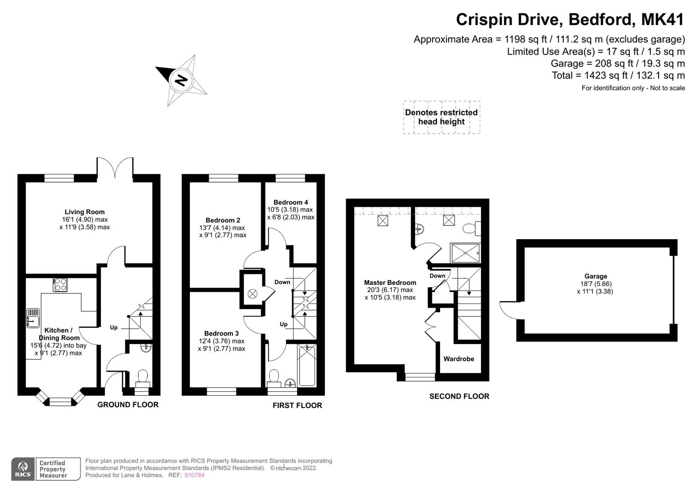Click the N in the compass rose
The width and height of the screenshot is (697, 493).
tap(181, 81)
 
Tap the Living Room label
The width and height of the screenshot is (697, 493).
tap(84, 212)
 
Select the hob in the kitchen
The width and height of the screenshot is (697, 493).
tap(60, 285)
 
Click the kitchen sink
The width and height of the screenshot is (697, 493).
tap(33, 318)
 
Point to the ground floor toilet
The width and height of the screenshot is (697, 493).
tap(143, 378)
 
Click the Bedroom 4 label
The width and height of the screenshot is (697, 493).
tap(291, 202)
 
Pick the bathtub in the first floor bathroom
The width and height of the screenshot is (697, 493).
tap(307, 365)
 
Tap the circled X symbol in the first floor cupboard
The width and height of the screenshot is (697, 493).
tap(252, 294)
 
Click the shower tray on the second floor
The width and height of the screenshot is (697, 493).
tap(465, 253)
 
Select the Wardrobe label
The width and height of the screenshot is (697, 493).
tap(459, 359)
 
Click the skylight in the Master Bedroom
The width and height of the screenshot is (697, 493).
tap(383, 220)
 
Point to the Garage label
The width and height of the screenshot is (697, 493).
tap(596, 276)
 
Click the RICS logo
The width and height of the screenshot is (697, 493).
tap(23, 469)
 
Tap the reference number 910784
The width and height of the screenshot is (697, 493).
tap(194, 475)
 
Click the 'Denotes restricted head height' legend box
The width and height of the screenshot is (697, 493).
tap(441, 117)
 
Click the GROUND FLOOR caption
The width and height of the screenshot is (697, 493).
tap(128, 404)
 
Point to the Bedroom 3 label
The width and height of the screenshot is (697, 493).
tap(221, 333)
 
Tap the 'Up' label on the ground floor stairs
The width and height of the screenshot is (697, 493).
tap(114, 327)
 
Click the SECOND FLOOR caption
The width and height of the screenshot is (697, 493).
tap(459, 396)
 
